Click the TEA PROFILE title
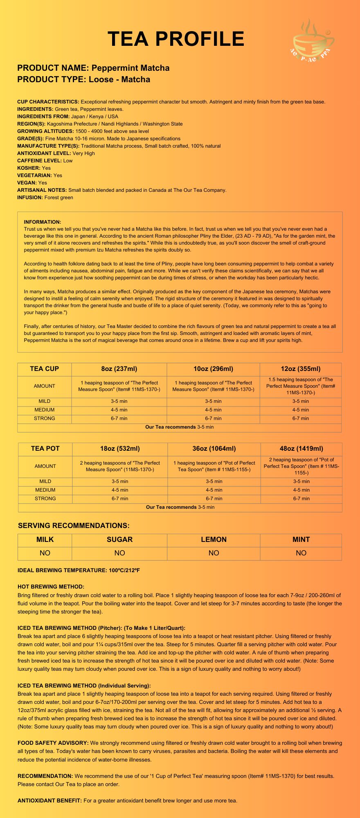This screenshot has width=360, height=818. coord(176,39)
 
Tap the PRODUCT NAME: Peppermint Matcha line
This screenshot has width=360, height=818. coord(93,68)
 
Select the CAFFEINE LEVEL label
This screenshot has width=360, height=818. coord(39,160)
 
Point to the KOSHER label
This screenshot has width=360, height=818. coord(29,168)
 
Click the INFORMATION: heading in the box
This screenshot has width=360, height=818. coord(43,222)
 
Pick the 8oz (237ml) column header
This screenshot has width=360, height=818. coord(119,369)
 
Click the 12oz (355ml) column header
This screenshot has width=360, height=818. coord(301,369)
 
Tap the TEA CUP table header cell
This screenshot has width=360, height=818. coord(44,369)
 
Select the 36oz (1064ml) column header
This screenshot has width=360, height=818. coord(214,448)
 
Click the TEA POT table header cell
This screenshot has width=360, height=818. coord(45,448)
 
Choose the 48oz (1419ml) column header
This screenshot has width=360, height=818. coord(301,448)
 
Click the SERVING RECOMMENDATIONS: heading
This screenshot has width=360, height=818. coord(74,526)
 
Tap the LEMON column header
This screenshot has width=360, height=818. coord(214,539)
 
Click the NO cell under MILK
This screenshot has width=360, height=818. coord(45,553)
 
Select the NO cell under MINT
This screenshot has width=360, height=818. coord(301,553)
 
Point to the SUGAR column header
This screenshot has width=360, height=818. coord(119,539)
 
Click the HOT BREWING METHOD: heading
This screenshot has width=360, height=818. coord(51,587)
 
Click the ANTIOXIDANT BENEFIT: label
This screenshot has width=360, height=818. coord(49,800)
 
